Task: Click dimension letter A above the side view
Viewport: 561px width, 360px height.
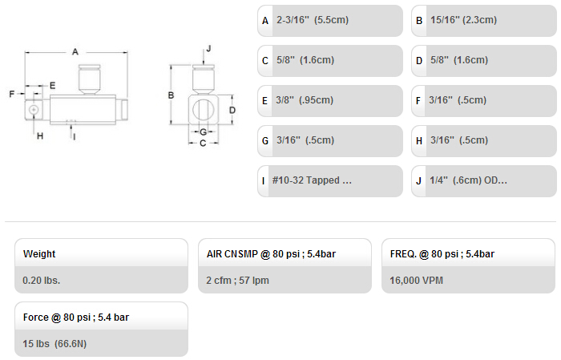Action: point(75,52)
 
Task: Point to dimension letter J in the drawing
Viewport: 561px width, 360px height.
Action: point(208,48)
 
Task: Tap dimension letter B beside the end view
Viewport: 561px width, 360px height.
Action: point(171,95)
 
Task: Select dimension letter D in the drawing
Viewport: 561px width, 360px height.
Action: point(232,110)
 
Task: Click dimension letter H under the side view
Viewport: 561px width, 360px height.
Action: point(40,136)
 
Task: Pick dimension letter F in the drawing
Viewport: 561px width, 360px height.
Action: point(12,94)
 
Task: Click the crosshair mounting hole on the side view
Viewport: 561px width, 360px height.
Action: point(34,110)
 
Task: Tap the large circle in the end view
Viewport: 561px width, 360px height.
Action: point(204,110)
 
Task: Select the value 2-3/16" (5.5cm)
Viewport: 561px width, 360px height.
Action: point(313,20)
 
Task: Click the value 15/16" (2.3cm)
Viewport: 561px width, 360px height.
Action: point(463,20)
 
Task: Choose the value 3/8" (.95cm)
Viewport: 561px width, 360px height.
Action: point(305,100)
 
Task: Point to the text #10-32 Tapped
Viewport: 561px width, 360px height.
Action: point(306,180)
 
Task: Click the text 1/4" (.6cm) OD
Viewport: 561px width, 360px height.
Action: point(463,180)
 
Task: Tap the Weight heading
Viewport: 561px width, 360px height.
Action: point(39,253)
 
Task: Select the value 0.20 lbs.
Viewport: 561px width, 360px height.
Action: point(42,280)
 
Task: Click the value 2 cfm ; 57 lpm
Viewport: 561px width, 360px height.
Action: point(237,280)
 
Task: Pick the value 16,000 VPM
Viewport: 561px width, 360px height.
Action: point(417,280)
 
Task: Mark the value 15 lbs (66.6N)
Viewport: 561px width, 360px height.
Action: point(54,343)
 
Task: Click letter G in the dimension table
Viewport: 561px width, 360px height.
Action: point(265,140)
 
